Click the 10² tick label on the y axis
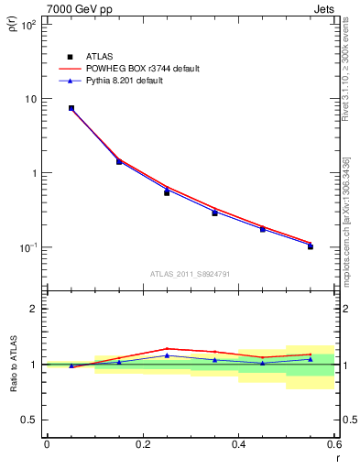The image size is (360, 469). click(x=29, y=25)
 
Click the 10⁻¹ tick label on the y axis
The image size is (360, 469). click(x=29, y=247)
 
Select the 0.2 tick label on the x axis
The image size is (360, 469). click(x=143, y=444)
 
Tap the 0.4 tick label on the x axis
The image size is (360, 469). click(x=239, y=444)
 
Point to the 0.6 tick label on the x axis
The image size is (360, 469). click(x=334, y=444)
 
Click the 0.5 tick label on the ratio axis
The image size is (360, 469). click(x=29, y=420)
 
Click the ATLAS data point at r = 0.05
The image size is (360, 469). click(x=71, y=108)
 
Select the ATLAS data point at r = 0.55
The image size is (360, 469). click(x=311, y=246)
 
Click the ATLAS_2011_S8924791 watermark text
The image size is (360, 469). click(x=190, y=273)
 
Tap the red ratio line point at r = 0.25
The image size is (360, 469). click(x=167, y=349)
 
